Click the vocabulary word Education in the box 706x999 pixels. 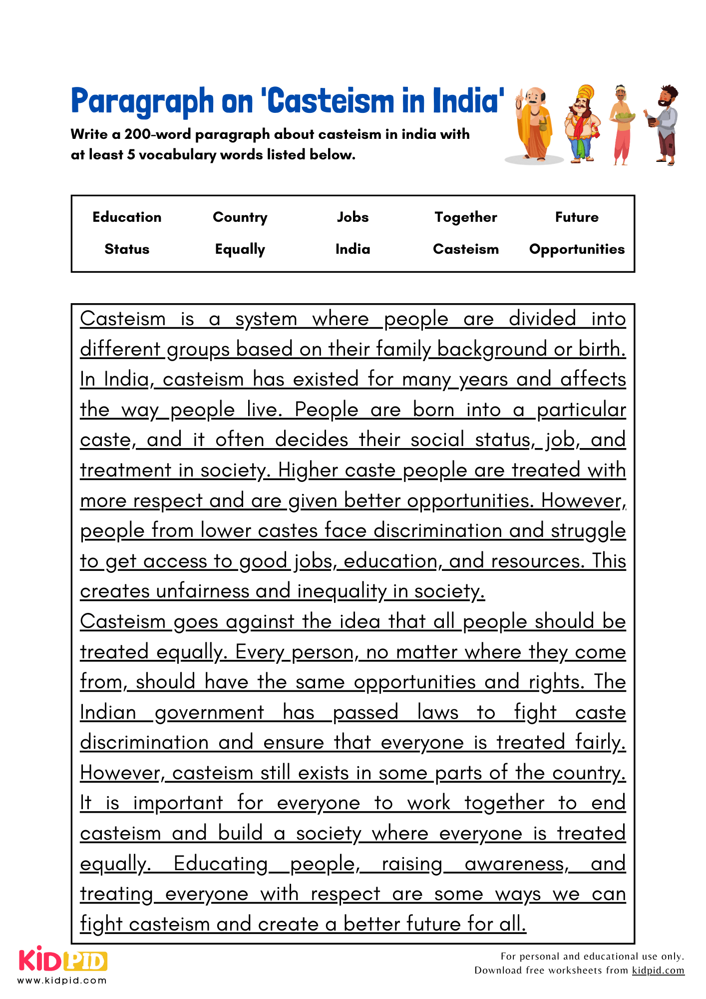tap(127, 217)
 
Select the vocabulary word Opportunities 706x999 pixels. tap(577, 249)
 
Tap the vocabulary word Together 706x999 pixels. tap(465, 217)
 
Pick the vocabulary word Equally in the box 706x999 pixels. tap(240, 249)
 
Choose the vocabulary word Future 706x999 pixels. tap(577, 217)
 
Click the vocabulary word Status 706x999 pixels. tap(127, 249)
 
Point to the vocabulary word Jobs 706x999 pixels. tap(353, 217)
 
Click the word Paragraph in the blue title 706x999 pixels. tap(142, 101)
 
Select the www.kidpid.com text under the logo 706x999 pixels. tap(62, 980)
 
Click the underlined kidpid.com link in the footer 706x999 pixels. tap(658, 970)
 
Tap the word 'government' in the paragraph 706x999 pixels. tap(209, 712)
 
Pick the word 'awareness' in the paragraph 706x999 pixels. tap(516, 864)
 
